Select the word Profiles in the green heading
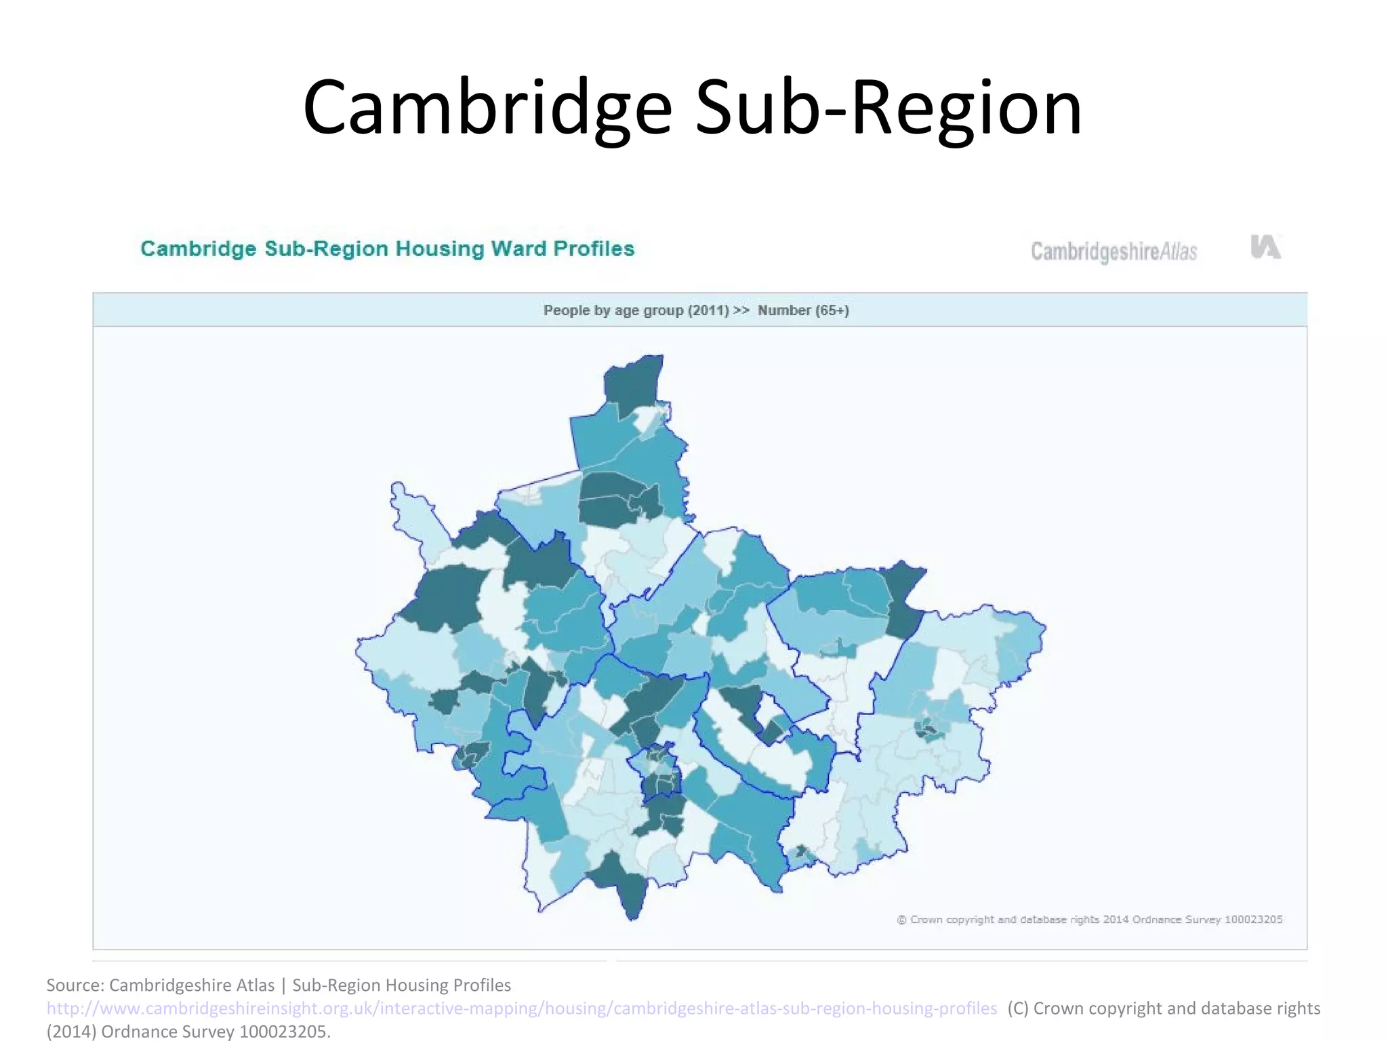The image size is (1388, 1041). click(594, 249)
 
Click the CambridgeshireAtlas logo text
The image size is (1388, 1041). click(1114, 251)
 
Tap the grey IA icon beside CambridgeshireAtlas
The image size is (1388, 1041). click(1265, 247)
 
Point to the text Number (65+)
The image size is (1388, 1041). click(803, 310)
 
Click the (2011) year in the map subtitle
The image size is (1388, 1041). click(708, 310)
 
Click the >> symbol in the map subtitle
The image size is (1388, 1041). click(741, 310)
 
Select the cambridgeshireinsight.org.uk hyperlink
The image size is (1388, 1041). click(521, 1008)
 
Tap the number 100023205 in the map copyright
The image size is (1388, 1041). click(1253, 920)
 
